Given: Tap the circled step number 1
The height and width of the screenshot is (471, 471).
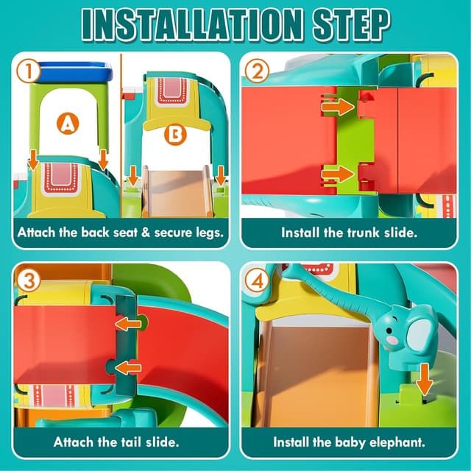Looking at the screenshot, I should click(x=28, y=71).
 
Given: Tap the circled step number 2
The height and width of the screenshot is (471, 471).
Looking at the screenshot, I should click(x=255, y=71).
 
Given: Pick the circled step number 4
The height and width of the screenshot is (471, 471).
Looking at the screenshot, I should click(x=255, y=280).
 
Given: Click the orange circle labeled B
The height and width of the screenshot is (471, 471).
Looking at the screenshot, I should click(x=175, y=135).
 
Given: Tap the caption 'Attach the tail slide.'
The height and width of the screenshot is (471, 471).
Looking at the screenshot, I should click(x=116, y=442).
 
